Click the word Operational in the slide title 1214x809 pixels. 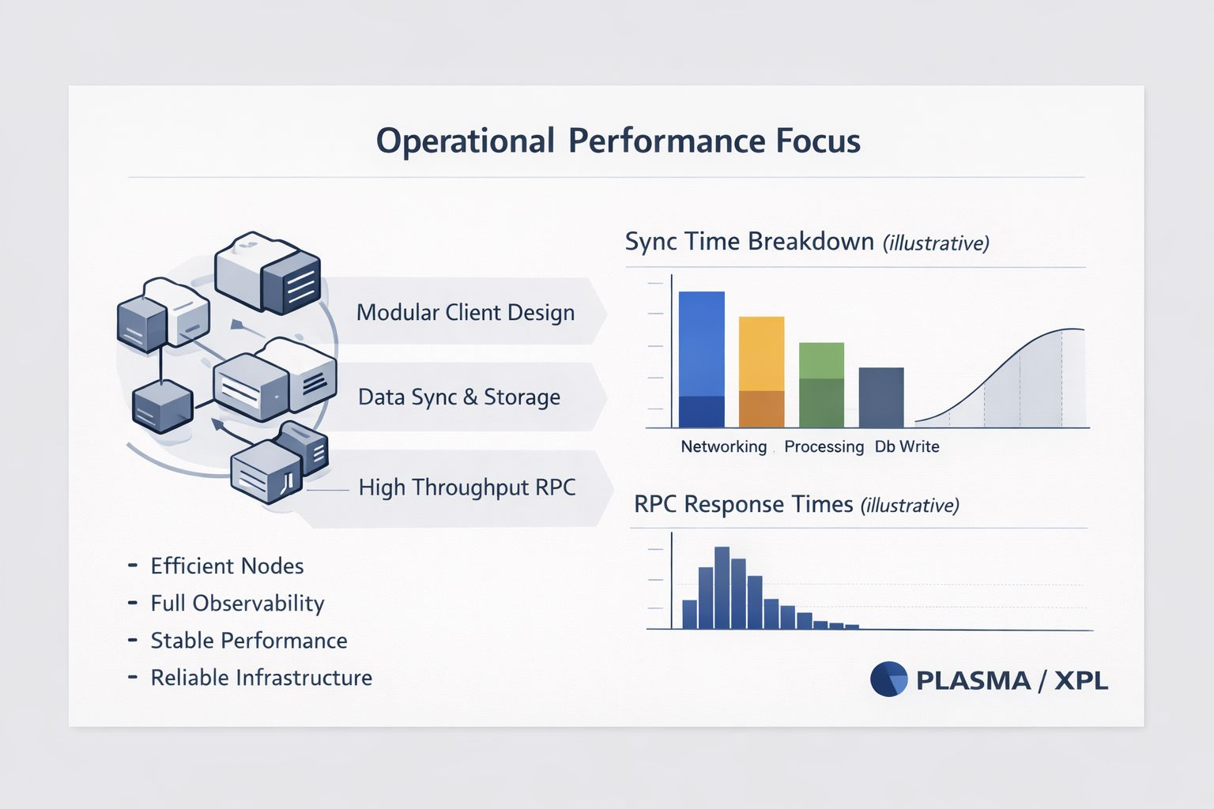click(x=465, y=141)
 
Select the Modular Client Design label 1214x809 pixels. click(x=465, y=313)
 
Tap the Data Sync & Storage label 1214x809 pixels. click(x=458, y=397)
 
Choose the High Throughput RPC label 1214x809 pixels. click(x=466, y=487)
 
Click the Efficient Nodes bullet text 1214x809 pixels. click(x=227, y=566)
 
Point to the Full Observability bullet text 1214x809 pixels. click(x=237, y=604)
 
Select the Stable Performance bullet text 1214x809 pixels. click(x=248, y=641)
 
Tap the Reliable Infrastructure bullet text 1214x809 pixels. click(x=261, y=678)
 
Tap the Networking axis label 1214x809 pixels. click(x=723, y=447)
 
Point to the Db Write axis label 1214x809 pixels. click(x=907, y=447)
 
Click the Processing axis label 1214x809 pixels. click(x=824, y=447)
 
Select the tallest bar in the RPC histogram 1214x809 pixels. click(x=722, y=588)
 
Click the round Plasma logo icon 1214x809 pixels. click(x=888, y=679)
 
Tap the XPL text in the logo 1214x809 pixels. click(x=1080, y=680)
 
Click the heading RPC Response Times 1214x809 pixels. click(x=743, y=504)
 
